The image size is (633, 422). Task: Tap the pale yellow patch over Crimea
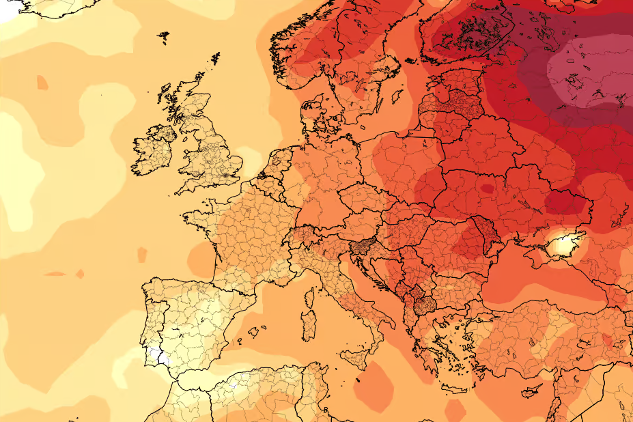[564, 243]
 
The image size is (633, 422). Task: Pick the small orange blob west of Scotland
[42, 83]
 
